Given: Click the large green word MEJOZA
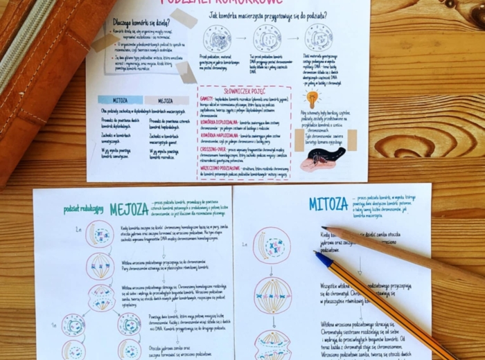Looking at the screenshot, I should coord(130,208).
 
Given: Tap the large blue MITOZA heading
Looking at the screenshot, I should coord(328,204).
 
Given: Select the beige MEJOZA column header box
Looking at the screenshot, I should coord(166,100).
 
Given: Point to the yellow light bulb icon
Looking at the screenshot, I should coord(312,98).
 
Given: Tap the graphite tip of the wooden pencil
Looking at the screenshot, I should coord(324,228).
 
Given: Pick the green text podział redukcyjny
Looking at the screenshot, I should coord(83,210).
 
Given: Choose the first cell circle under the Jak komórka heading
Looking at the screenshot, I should coord(217,39).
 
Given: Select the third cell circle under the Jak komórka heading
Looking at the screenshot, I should coord(319,37).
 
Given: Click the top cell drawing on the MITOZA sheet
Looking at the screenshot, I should coord(272,245).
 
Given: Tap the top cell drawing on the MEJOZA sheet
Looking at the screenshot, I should coord(99,234).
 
